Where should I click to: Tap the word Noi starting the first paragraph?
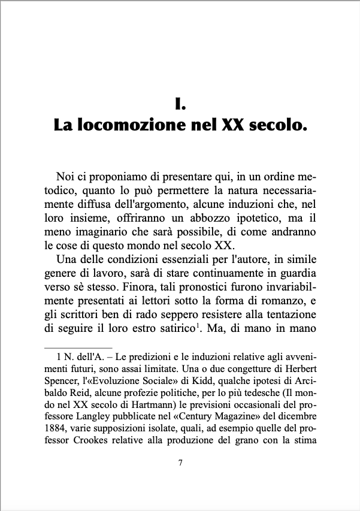(x=66, y=177)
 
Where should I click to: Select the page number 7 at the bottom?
(x=180, y=479)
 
